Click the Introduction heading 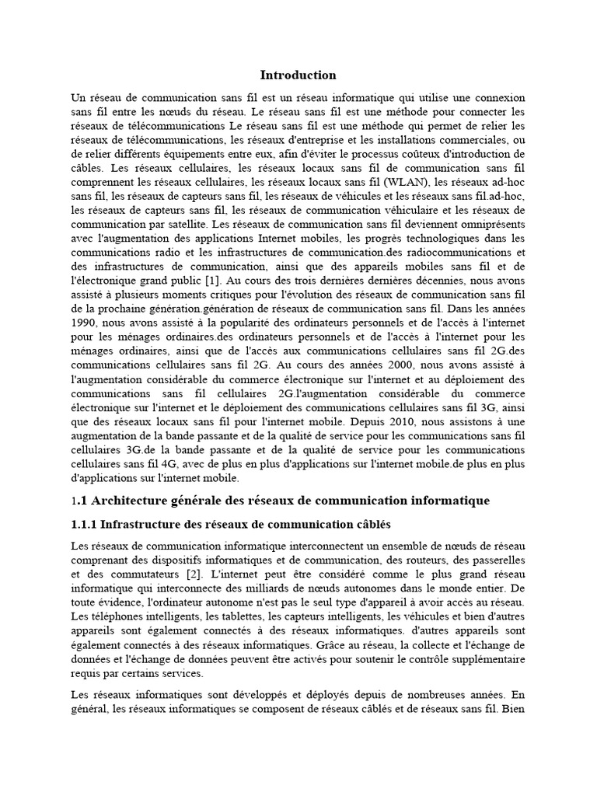(298, 75)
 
